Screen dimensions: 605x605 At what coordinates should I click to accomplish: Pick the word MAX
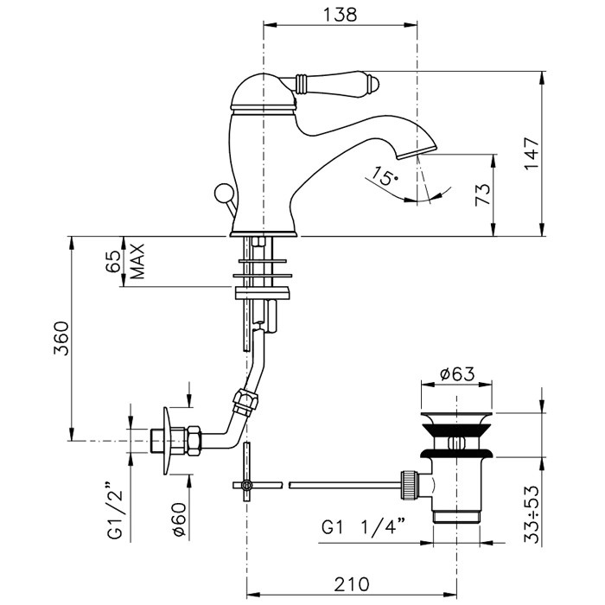(x=136, y=262)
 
